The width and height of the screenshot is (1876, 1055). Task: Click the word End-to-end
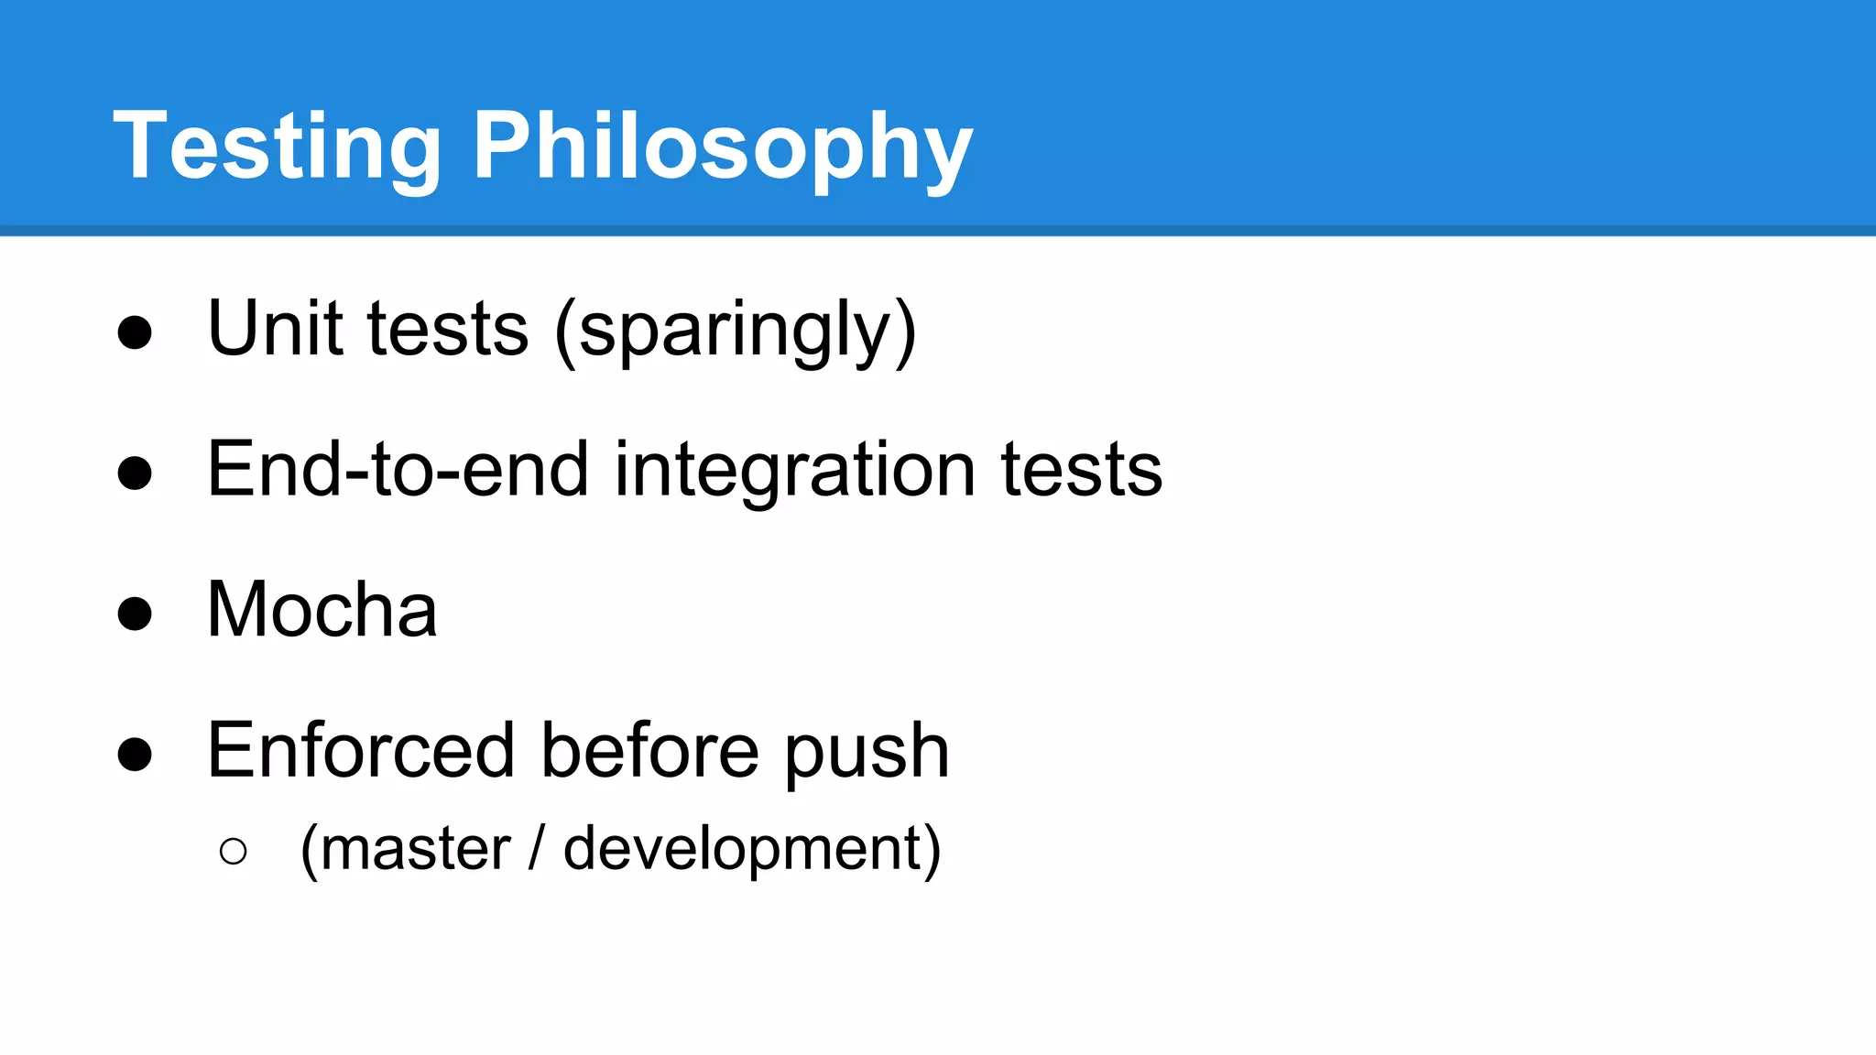(x=398, y=469)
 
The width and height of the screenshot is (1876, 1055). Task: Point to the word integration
(x=794, y=471)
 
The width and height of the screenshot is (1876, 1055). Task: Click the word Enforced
(x=361, y=750)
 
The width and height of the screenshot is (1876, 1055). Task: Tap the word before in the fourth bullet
(x=649, y=750)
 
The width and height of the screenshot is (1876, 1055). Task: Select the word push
(x=867, y=752)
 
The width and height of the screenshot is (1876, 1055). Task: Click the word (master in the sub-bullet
(x=405, y=848)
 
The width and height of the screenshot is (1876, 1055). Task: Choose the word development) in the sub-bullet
(x=752, y=850)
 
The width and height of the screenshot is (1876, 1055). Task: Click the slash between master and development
(x=536, y=848)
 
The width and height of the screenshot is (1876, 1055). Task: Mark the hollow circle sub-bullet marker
(x=234, y=852)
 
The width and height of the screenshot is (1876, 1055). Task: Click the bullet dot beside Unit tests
(x=135, y=332)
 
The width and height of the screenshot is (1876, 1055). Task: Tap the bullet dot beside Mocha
(x=135, y=614)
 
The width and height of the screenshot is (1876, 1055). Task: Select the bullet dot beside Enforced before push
(x=135, y=755)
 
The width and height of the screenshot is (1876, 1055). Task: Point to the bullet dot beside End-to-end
(x=135, y=473)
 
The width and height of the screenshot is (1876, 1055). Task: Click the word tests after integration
(x=1082, y=469)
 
